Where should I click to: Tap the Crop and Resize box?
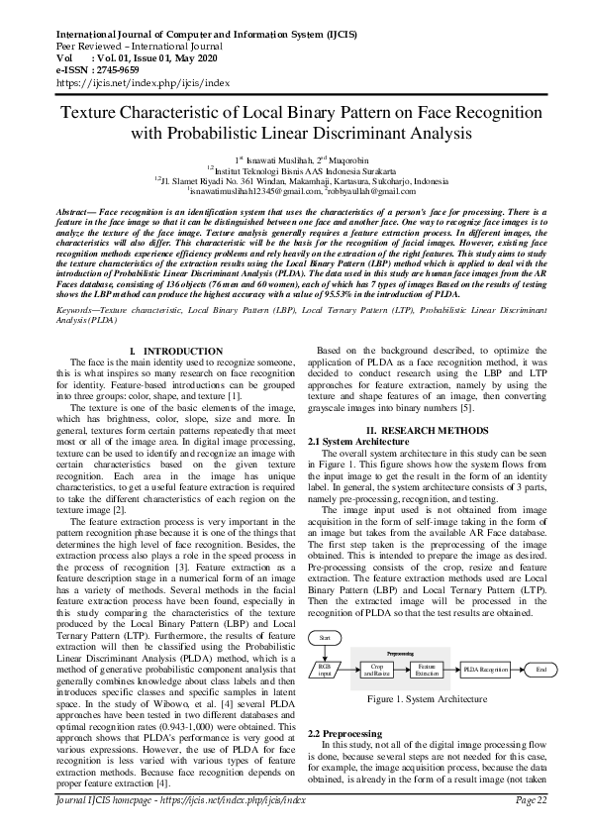[376, 671]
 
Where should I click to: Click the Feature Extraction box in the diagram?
[427, 671]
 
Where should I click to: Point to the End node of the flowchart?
[540, 671]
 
